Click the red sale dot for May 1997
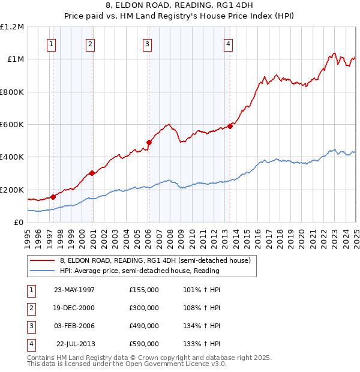click(x=53, y=196)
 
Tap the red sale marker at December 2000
click(x=92, y=173)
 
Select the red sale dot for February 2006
click(x=149, y=142)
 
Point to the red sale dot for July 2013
click(x=230, y=126)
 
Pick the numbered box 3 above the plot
click(x=147, y=43)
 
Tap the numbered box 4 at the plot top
click(x=229, y=43)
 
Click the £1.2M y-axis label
click(x=12, y=27)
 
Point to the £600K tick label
click(x=12, y=125)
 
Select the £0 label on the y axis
click(x=19, y=223)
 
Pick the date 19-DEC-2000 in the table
click(x=74, y=307)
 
